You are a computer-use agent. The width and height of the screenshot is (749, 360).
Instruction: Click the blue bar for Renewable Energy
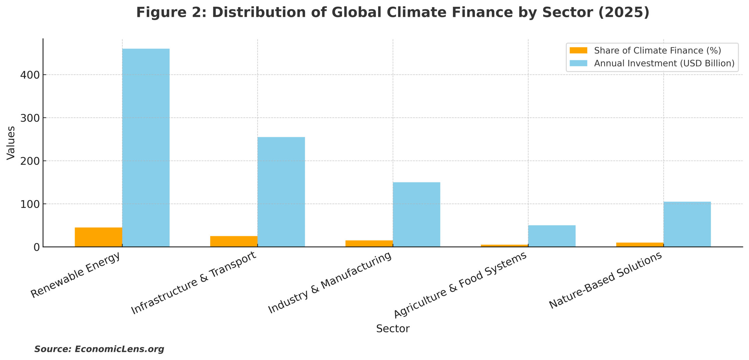point(146,148)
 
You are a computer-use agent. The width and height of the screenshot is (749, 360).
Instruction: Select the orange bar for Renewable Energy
point(98,237)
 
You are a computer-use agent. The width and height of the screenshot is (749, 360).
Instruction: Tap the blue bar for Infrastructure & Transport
point(281,192)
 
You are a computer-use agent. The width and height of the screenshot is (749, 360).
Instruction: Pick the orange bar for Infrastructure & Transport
point(233,241)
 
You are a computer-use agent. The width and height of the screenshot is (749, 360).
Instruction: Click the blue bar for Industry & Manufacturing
point(416,214)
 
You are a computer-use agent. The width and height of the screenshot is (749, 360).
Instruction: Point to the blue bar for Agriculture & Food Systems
point(552,236)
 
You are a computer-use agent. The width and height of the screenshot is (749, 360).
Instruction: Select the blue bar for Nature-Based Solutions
point(687,224)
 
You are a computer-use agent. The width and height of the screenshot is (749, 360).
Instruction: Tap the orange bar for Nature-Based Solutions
point(640,245)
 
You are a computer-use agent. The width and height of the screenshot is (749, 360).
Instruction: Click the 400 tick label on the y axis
point(30,75)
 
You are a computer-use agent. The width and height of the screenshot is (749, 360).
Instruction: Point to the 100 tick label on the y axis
point(30,204)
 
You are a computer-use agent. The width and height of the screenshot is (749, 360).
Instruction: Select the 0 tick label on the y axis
point(37,247)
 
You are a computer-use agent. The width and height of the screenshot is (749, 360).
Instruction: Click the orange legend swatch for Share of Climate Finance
point(578,51)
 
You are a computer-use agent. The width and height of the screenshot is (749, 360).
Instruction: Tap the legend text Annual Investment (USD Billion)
point(664,63)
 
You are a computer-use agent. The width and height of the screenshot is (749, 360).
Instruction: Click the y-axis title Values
point(11,143)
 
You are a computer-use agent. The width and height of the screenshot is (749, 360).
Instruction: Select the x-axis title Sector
point(393,329)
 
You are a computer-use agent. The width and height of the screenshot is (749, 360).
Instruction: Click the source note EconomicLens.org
point(99,349)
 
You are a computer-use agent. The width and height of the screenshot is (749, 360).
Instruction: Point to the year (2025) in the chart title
point(624,13)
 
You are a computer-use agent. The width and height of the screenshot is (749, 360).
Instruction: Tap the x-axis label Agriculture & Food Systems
point(461,285)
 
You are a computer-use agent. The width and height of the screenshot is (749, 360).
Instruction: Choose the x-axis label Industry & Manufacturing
point(330,283)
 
